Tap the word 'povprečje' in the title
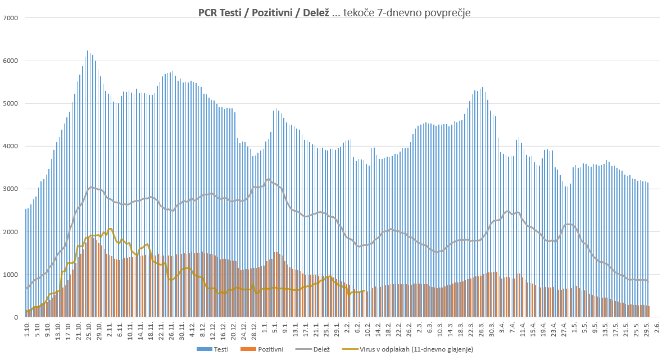pos(447,12)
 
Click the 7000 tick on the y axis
pos(11,18)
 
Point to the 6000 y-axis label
pos(11,61)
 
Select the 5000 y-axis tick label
pos(11,103)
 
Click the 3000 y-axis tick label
pos(11,189)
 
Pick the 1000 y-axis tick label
pos(11,275)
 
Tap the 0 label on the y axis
pos(16,317)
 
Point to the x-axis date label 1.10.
pos(26,328)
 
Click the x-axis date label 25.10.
pos(89,329)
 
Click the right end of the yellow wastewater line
pos(365,291)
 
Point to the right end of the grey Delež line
pos(648,281)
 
